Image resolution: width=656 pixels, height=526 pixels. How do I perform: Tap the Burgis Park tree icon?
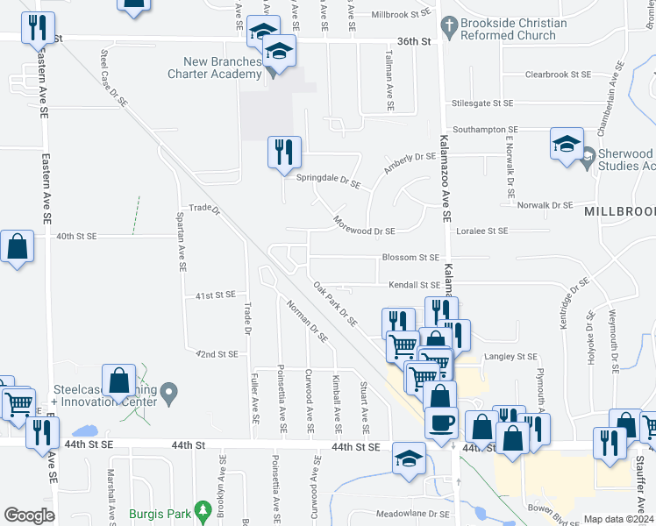(203, 508)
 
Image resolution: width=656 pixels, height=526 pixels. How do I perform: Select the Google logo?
(29, 515)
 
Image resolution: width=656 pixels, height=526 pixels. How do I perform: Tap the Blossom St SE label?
(410, 258)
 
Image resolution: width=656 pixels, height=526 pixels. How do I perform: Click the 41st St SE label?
(216, 295)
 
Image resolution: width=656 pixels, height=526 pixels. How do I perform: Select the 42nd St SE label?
(217, 354)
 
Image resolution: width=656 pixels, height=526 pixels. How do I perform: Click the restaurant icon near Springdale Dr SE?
(284, 153)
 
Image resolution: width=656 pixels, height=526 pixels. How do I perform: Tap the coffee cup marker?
(441, 421)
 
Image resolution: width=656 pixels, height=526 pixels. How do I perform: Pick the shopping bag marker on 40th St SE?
(18, 248)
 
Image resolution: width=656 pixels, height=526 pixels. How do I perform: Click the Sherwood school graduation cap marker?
(567, 144)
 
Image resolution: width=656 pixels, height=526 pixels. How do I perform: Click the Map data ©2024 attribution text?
(618, 519)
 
